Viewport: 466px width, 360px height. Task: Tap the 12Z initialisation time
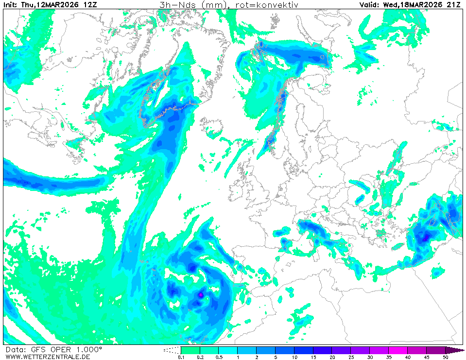tap(90, 5)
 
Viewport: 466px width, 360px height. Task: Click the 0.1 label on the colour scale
tap(181, 357)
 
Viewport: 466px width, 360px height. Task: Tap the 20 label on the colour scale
tap(332, 357)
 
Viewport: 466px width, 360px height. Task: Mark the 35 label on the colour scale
tap(389, 357)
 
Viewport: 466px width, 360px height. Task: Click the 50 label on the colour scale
tap(445, 357)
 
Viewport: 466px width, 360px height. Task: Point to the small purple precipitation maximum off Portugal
tap(201, 294)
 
